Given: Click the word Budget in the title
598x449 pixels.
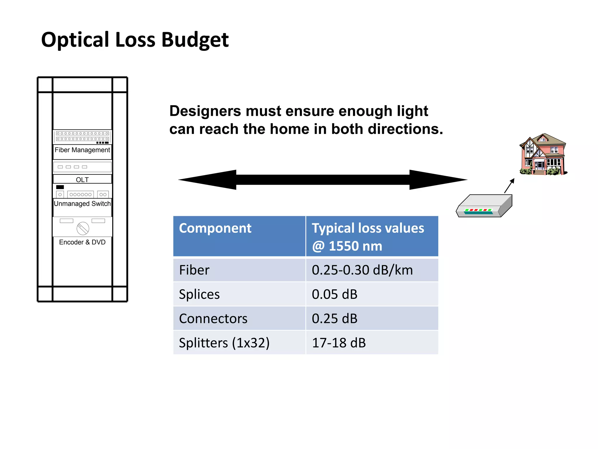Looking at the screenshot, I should click(x=195, y=40).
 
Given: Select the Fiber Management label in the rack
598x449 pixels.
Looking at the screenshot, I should click(x=82, y=150).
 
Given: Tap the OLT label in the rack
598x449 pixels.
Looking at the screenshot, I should click(x=82, y=179).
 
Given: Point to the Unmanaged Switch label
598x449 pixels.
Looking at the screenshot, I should click(x=82, y=203).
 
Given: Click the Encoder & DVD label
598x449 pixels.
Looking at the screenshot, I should click(x=82, y=242).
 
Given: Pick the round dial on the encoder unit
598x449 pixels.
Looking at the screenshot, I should click(x=83, y=228).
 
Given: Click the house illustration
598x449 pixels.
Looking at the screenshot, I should click(x=543, y=155).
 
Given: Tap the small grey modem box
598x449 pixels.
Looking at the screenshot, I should click(x=484, y=206).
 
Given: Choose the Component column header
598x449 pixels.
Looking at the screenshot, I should click(x=215, y=228).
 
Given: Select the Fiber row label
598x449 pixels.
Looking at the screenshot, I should click(x=194, y=270).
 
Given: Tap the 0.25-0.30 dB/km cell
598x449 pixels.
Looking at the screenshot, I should click(x=362, y=270).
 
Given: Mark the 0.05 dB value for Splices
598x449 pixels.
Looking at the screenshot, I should click(x=335, y=294).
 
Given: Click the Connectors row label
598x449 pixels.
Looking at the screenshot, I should click(x=213, y=318).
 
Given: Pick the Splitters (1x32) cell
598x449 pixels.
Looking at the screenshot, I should click(x=224, y=343).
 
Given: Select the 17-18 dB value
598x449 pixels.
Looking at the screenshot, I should click(x=339, y=343).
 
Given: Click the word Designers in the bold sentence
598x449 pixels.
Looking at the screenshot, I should click(x=205, y=111).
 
